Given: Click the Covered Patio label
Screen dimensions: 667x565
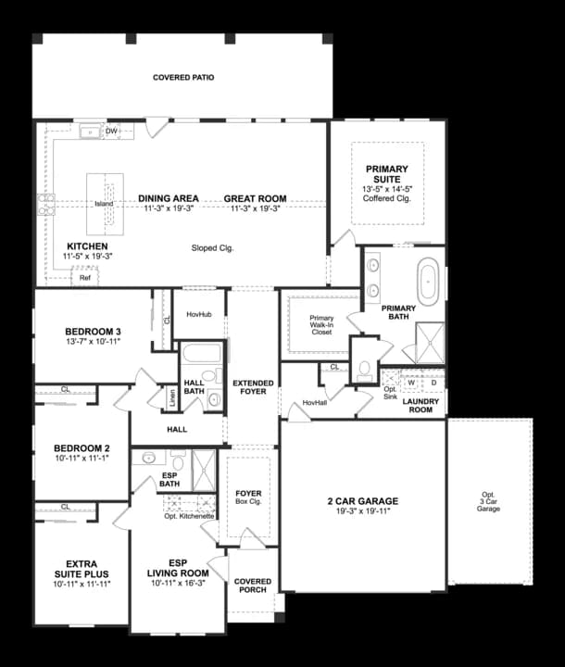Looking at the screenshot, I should pyautogui.click(x=183, y=78).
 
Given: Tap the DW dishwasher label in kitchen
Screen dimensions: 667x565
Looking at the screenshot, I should pyautogui.click(x=112, y=132).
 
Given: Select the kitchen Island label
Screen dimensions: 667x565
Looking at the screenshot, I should pyautogui.click(x=104, y=204).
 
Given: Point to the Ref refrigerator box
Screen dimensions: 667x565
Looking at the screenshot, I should pyautogui.click(x=84, y=277).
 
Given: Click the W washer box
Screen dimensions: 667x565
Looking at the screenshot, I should pyautogui.click(x=410, y=382).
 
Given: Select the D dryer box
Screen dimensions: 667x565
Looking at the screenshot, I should pyautogui.click(x=433, y=382).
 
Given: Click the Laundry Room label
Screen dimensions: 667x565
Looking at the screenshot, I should pyautogui.click(x=421, y=405).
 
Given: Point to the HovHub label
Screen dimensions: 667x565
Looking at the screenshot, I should pyautogui.click(x=199, y=315).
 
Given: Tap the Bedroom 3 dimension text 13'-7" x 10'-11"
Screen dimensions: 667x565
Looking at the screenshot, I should pyautogui.click(x=93, y=343).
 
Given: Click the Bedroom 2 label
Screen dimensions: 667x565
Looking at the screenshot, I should pyautogui.click(x=82, y=448).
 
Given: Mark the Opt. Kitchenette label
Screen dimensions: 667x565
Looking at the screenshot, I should pyautogui.click(x=189, y=515).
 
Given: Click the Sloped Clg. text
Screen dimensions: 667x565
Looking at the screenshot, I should pyautogui.click(x=212, y=247).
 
